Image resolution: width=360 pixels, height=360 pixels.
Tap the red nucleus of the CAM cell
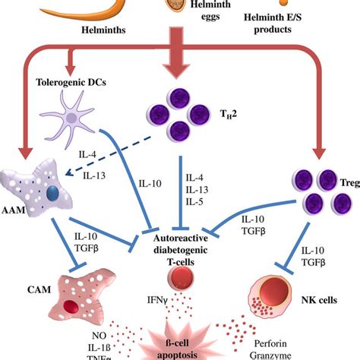point(71,308)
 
